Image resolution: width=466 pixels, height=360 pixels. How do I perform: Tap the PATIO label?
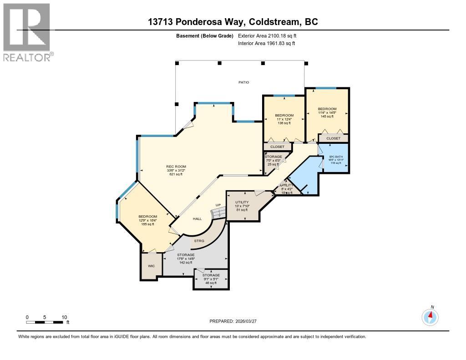tap(244, 82)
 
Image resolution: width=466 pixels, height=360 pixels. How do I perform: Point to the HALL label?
tap(197, 219)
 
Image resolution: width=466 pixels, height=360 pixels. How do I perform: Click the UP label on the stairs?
tap(218, 205)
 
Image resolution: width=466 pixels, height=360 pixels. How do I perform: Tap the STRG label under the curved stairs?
tap(199, 240)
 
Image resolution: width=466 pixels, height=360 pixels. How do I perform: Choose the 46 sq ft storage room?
tap(211, 279)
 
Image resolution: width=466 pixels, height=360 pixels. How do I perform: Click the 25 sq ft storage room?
tap(273, 160)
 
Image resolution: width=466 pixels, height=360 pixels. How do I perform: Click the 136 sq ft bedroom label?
tap(284, 119)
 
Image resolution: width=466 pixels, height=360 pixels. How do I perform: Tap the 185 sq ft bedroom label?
tap(148, 220)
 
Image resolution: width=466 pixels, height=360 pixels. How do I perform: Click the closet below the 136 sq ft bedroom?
tap(277, 147)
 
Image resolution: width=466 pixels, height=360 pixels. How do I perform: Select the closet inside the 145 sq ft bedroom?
tap(333, 138)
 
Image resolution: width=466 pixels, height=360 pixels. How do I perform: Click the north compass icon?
tap(430, 316)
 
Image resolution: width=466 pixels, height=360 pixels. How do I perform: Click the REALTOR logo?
tap(27, 32)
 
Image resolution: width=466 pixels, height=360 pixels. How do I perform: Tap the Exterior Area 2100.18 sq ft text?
tap(267, 35)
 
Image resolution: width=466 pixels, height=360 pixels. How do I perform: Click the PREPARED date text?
tap(233, 321)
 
